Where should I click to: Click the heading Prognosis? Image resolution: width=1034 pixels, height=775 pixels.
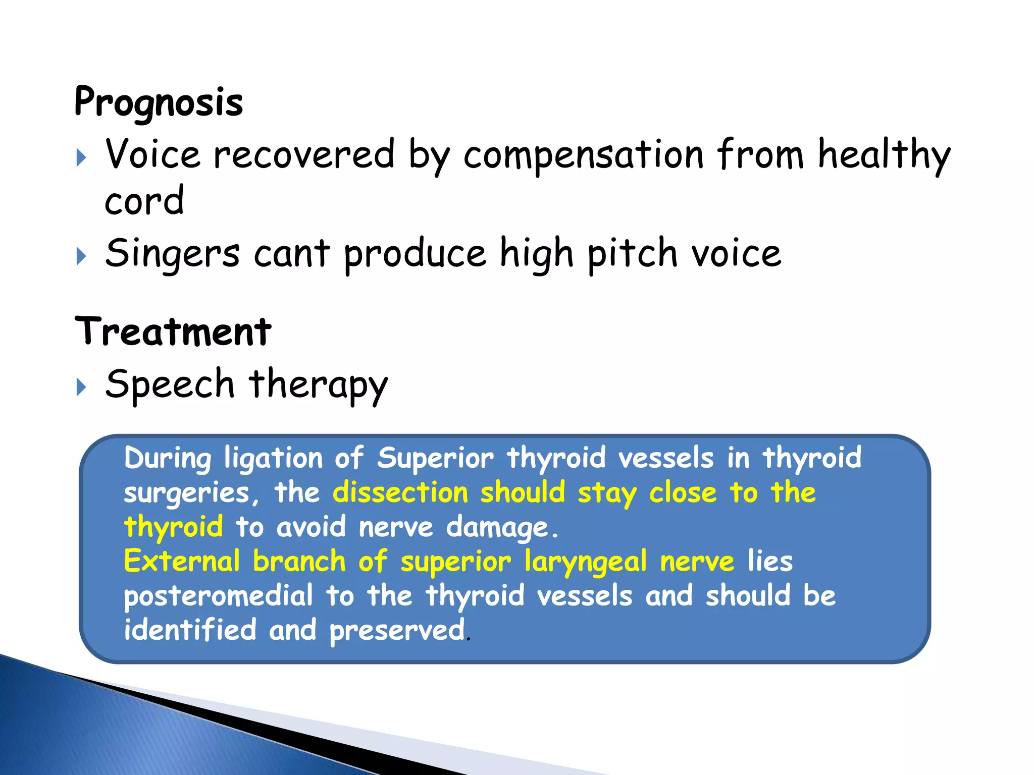coord(158,102)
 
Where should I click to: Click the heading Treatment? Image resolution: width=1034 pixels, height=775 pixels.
coord(173,331)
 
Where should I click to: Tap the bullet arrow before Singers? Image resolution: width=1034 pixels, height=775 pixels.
coord(81,256)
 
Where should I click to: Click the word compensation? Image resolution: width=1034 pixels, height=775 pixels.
coord(584,155)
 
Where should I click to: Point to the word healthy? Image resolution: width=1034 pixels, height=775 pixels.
coord(884,155)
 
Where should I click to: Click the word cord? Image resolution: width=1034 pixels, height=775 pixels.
coord(144,200)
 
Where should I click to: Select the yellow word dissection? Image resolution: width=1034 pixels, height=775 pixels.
coord(400,492)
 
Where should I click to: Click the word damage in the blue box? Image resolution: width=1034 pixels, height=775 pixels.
coord(497,528)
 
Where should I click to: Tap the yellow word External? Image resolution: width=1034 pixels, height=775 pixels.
coord(182,562)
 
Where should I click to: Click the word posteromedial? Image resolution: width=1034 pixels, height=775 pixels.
coord(218,596)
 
